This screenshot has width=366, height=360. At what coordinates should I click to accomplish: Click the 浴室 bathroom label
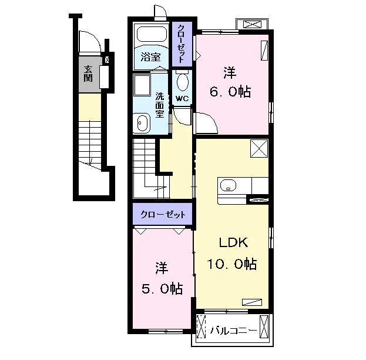pos(150,56)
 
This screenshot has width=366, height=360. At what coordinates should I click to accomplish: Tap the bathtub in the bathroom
pos(152,35)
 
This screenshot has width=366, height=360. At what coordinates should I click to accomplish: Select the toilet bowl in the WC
pos(182,82)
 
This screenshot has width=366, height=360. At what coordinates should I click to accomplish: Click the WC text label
pos(182,99)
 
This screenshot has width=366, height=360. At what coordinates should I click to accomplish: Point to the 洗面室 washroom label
pos(160,105)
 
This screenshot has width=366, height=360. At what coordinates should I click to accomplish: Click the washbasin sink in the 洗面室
pos(141,123)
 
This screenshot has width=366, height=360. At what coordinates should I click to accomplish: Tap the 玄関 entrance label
pos(88,74)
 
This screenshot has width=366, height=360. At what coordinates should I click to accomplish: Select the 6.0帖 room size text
pos(230,92)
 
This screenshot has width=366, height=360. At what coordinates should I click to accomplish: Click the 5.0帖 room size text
pos(162,288)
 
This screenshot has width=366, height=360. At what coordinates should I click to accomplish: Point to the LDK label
pos(233,243)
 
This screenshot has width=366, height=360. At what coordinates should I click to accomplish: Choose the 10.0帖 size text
pos(232,264)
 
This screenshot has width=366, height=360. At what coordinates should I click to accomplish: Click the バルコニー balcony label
pos(234,331)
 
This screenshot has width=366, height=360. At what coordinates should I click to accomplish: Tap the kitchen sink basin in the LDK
pos(228,185)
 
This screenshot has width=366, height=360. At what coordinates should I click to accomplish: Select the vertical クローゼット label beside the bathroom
pos(182,44)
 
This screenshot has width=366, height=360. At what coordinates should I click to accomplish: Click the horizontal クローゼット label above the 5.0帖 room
pos(163,214)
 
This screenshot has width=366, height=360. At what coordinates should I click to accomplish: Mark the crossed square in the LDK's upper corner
pos(259,148)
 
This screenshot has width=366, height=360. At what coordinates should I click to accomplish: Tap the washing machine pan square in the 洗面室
pos(142,85)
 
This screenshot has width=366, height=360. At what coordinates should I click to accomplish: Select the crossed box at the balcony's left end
pos(201,326)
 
